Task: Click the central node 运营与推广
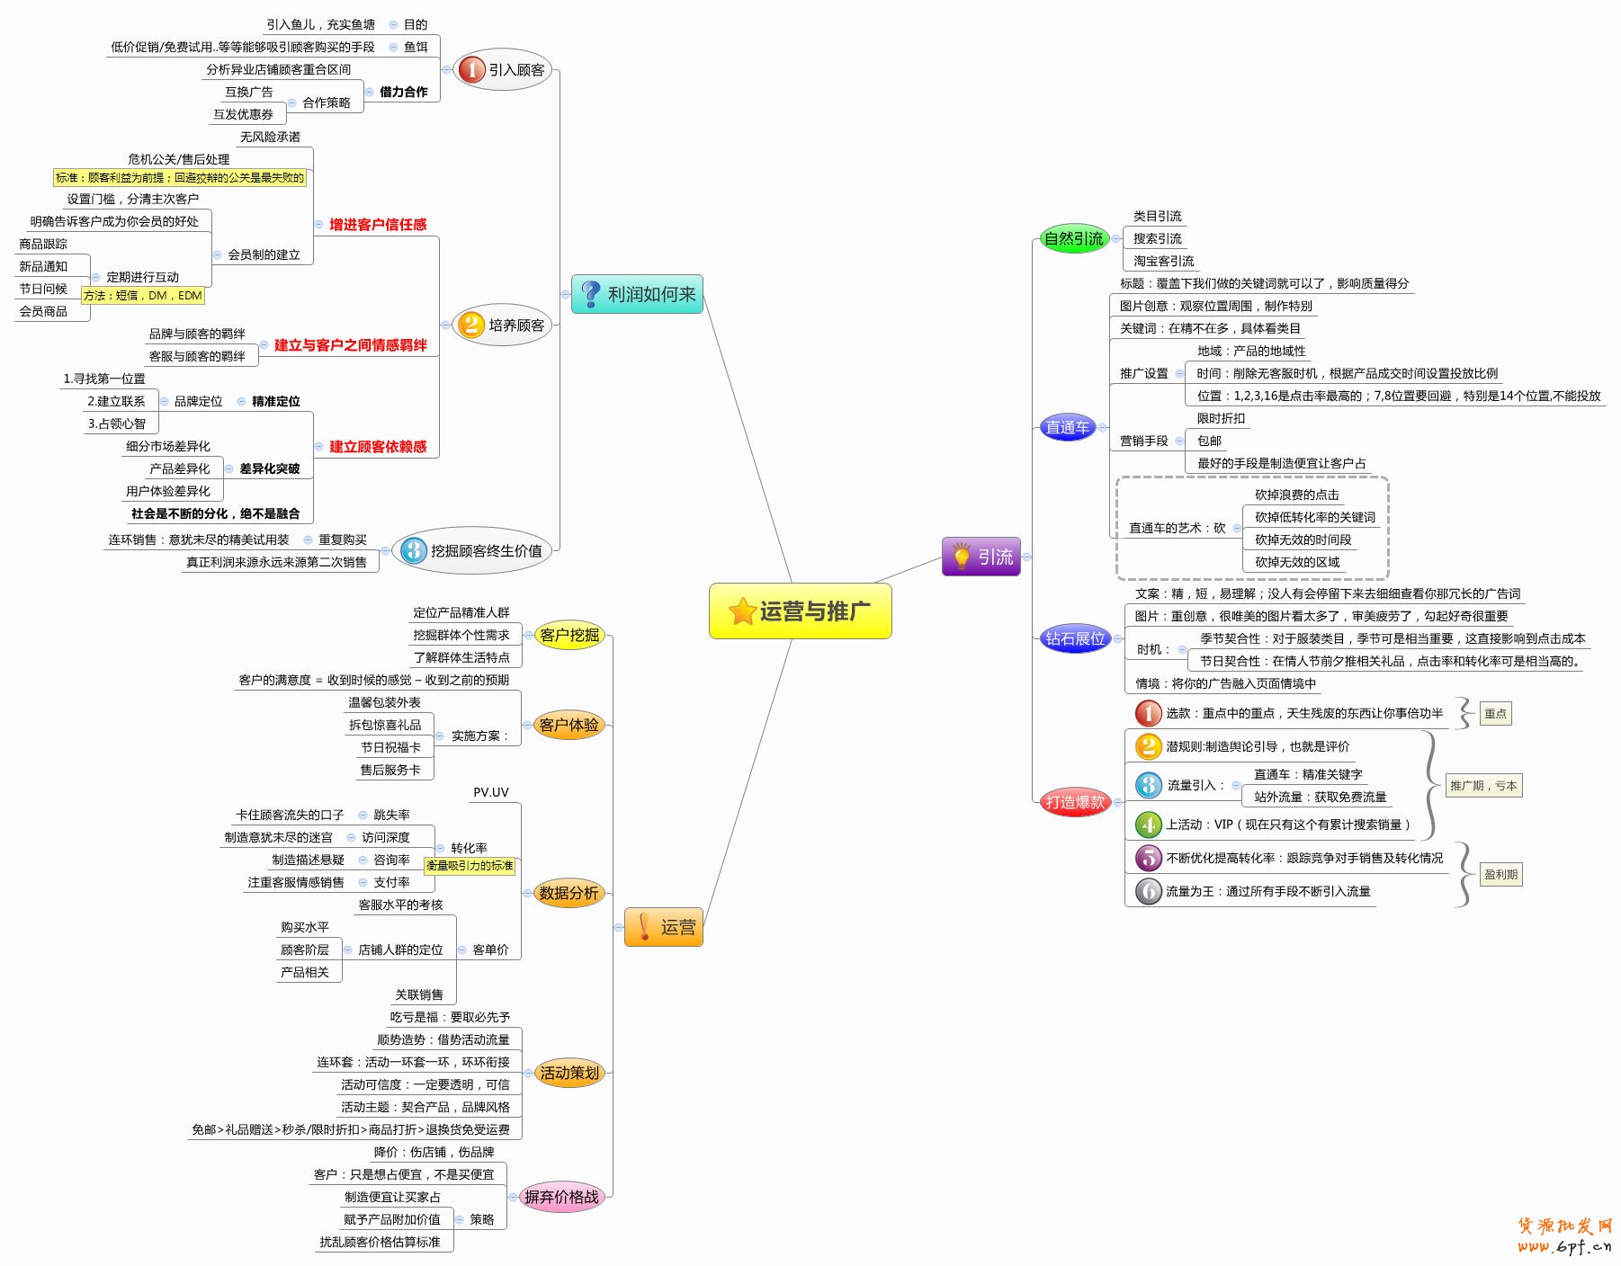click(800, 611)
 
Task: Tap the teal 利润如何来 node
click(637, 294)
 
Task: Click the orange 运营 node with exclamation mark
click(663, 927)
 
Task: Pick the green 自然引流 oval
click(1073, 238)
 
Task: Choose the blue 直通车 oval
click(1067, 427)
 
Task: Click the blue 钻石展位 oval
click(1074, 638)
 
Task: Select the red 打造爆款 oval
click(1074, 802)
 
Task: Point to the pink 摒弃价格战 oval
click(561, 1197)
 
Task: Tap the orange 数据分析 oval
click(569, 893)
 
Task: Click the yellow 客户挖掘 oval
click(569, 635)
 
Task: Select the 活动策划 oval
click(569, 1073)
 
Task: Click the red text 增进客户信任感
click(378, 225)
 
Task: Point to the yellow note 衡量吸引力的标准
click(470, 865)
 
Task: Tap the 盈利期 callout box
click(1500, 874)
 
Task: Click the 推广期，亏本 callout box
click(1483, 785)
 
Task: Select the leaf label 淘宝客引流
click(1163, 261)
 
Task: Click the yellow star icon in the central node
click(742, 611)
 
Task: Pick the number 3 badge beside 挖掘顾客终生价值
click(413, 550)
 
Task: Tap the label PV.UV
click(491, 792)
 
